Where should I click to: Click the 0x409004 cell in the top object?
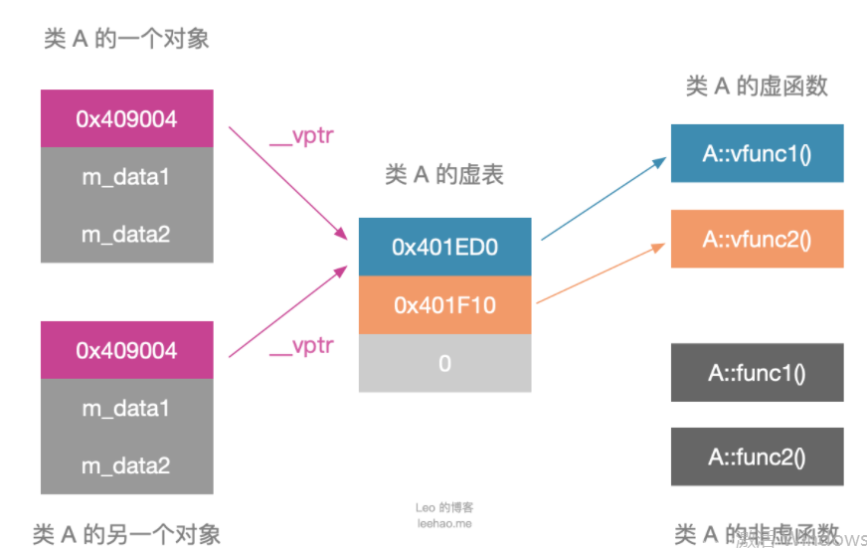pos(126,118)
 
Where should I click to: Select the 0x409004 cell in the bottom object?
pos(126,350)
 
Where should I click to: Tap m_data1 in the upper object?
pos(126,177)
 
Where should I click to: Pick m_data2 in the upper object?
pos(126,235)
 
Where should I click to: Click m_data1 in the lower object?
pos(126,408)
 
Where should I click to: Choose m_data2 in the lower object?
pos(126,465)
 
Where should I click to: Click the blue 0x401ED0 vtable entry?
pos(444,247)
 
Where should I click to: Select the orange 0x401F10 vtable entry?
pos(444,304)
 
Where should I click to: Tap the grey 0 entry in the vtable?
pos(444,363)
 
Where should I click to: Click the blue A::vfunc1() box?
pos(757,153)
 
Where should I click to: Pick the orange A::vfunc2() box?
pos(757,239)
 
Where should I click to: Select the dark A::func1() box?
pos(757,373)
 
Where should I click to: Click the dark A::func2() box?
pos(757,457)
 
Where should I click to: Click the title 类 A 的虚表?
pos(444,175)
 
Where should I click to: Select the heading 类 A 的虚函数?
pos(757,87)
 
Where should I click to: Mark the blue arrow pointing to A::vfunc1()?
pos(604,199)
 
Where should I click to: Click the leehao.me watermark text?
pos(444,523)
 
